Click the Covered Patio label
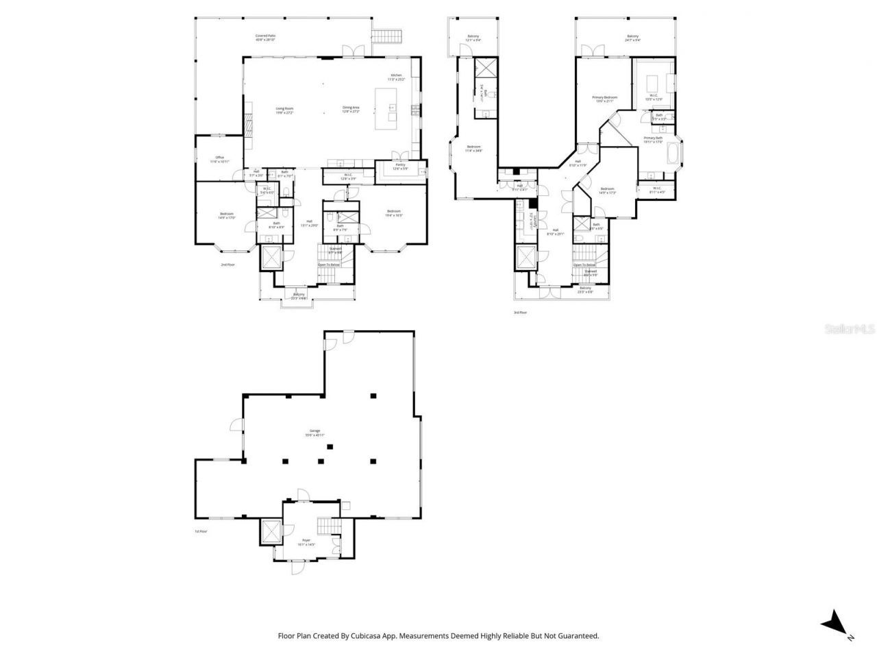click(x=265, y=38)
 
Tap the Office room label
click(x=219, y=160)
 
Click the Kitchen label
click(x=396, y=77)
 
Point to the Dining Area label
click(x=351, y=109)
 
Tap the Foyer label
click(x=306, y=542)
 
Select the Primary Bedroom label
click(x=604, y=99)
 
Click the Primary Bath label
click(x=653, y=140)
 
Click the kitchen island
click(x=386, y=109)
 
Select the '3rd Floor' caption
click(x=520, y=313)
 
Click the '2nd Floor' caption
click(x=227, y=264)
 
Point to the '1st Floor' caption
click(x=200, y=531)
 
